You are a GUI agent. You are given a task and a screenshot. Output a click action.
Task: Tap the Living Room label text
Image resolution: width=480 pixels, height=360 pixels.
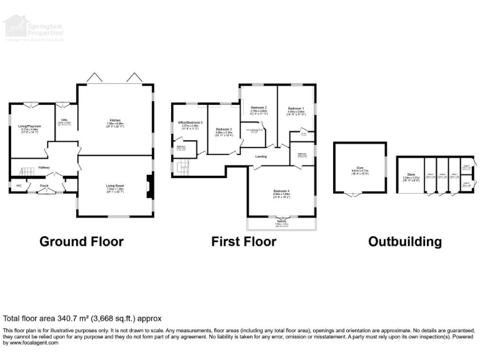tap(115, 186)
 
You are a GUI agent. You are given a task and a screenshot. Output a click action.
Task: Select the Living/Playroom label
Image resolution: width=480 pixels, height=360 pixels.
tap(29, 127)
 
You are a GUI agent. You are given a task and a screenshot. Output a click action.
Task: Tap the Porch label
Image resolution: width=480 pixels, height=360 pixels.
tap(44, 186)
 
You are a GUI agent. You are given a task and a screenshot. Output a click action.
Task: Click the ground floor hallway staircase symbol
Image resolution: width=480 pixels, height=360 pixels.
tap(27, 171)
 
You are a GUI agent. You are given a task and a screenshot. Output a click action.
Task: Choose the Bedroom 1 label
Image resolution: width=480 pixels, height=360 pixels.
tap(296, 109)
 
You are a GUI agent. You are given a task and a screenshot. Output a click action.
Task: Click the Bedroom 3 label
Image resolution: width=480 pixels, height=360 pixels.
tap(224, 129)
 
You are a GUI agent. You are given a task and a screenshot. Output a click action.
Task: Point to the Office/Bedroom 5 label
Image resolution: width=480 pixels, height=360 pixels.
tap(190, 122)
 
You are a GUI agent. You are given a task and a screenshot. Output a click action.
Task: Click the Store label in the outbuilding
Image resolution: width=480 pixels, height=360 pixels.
tap(410, 175)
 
